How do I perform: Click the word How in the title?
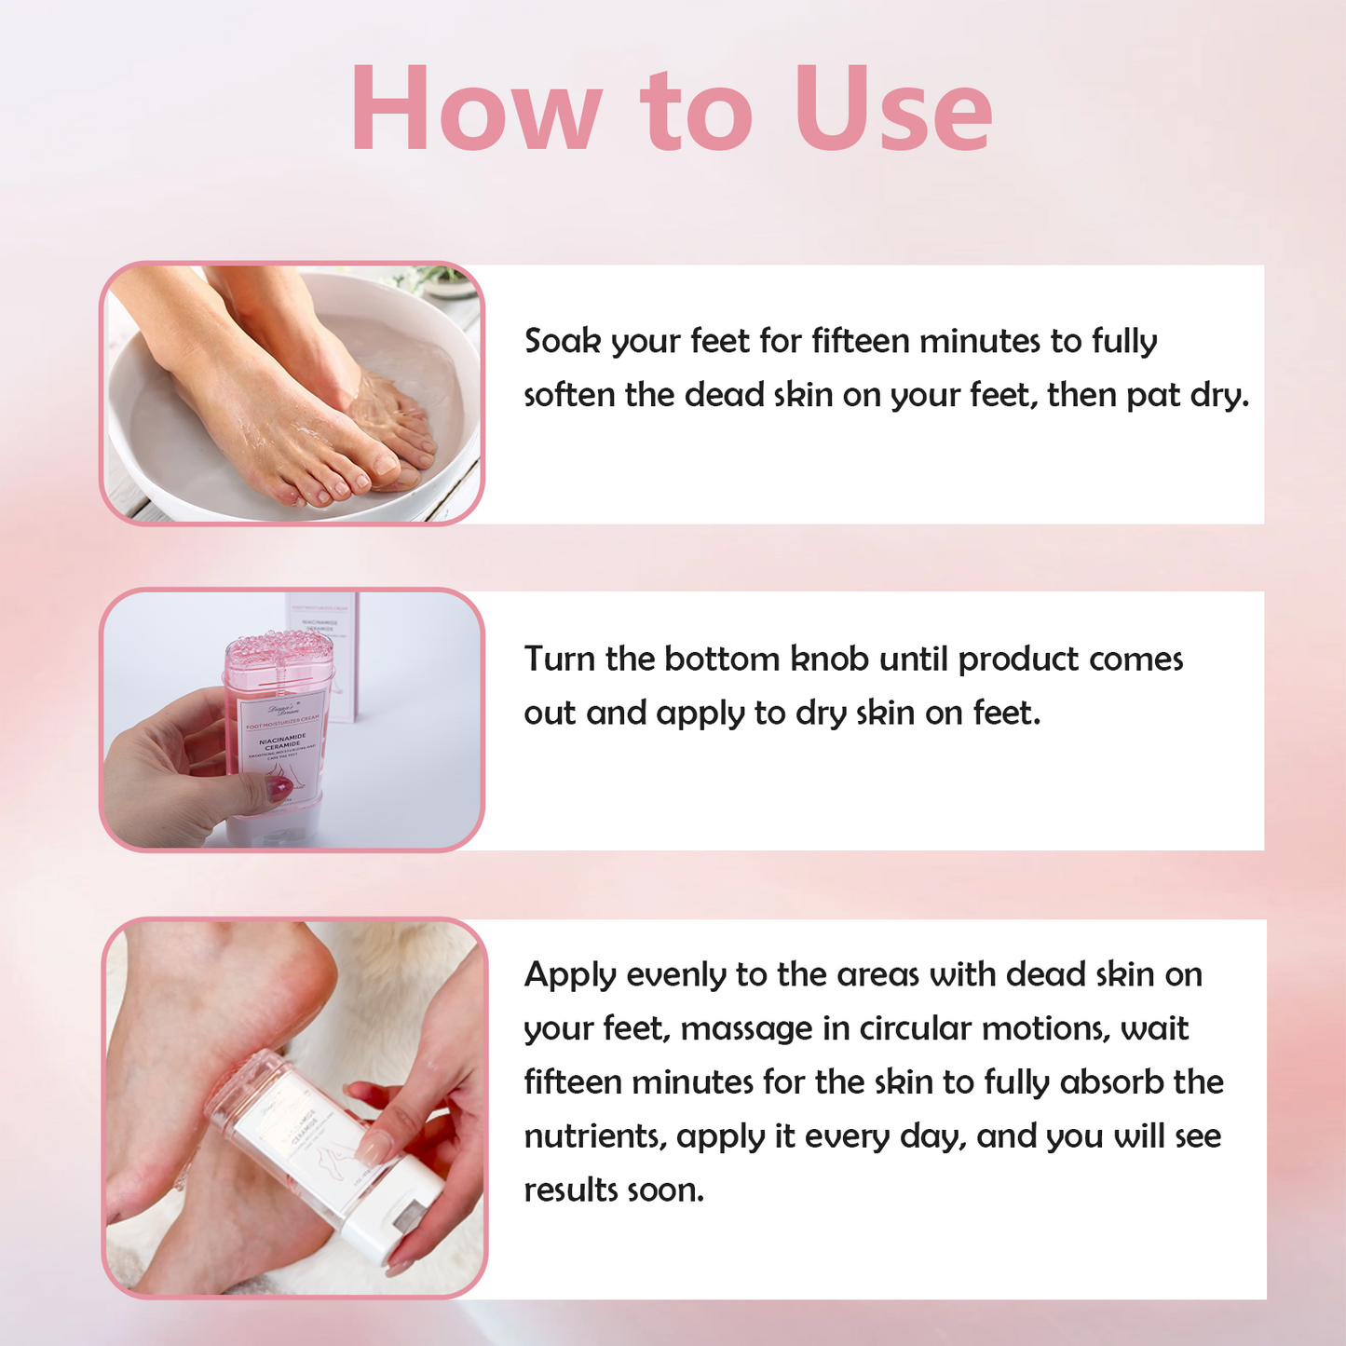tap(476, 109)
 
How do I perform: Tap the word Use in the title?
tap(892, 109)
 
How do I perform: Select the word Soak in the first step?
tap(562, 342)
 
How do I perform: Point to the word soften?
tap(569, 395)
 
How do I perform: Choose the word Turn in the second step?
tap(559, 659)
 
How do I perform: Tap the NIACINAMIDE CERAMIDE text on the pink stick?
tap(283, 741)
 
